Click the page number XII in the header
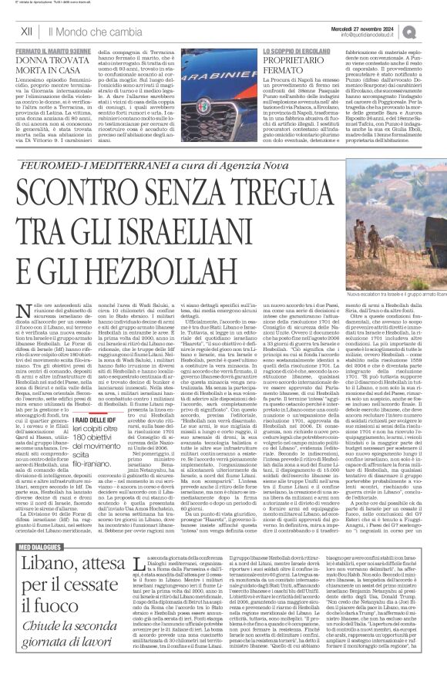pos(26,30)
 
